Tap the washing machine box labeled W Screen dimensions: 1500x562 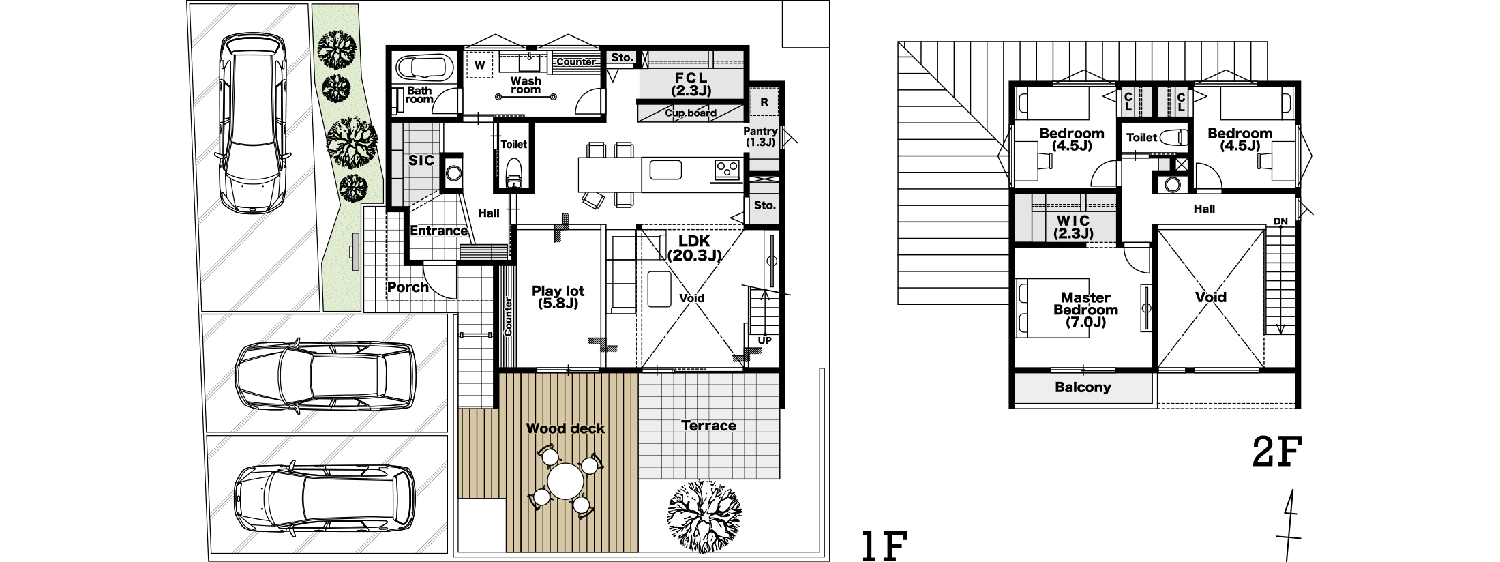(x=480, y=65)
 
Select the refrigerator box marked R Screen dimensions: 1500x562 (x=764, y=102)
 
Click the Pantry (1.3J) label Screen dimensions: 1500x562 (x=760, y=136)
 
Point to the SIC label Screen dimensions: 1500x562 (x=421, y=161)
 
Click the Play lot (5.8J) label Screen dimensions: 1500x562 (x=558, y=297)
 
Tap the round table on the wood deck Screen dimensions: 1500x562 (x=566, y=482)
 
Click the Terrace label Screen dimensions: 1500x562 (x=708, y=426)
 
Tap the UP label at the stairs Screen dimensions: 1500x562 (x=765, y=340)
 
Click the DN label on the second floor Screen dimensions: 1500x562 (x=1280, y=222)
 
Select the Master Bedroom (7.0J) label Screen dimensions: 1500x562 (x=1085, y=310)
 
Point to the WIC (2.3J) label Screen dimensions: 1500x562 (x=1073, y=227)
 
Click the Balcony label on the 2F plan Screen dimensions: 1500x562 (x=1083, y=387)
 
